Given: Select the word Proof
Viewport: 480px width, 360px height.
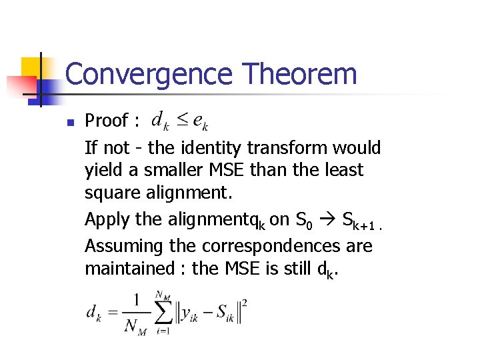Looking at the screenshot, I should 106,121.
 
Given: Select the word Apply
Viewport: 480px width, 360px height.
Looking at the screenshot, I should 107,219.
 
